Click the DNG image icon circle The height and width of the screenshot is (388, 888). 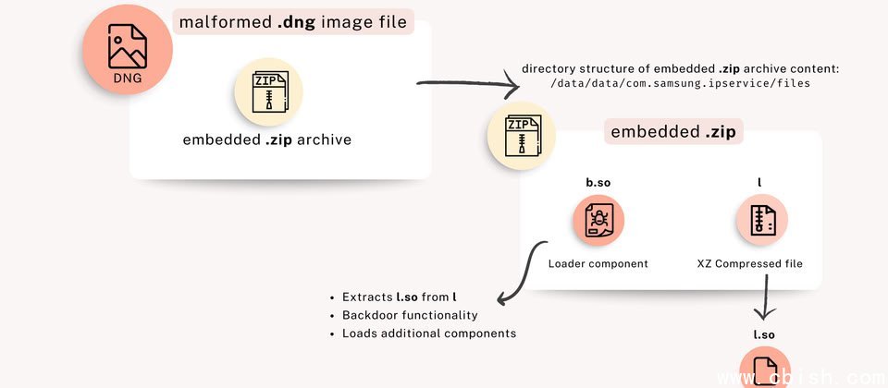tap(128, 52)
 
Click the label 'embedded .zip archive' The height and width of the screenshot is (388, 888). tap(267, 140)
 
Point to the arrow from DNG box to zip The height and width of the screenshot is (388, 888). tap(467, 86)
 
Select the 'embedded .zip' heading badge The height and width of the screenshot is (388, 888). tap(674, 132)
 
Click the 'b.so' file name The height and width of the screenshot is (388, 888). tap(598, 183)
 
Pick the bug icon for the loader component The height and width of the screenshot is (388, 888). tap(598, 222)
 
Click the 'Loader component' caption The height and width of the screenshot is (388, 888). tap(598, 263)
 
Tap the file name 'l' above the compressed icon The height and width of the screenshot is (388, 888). tap(759, 183)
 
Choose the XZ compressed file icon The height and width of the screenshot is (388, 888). tap(761, 222)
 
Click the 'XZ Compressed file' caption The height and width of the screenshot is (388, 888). tap(749, 263)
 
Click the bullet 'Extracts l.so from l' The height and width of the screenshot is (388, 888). tap(396, 297)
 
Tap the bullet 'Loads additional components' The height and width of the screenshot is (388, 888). tap(428, 333)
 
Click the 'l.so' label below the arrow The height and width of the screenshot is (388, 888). tap(765, 333)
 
